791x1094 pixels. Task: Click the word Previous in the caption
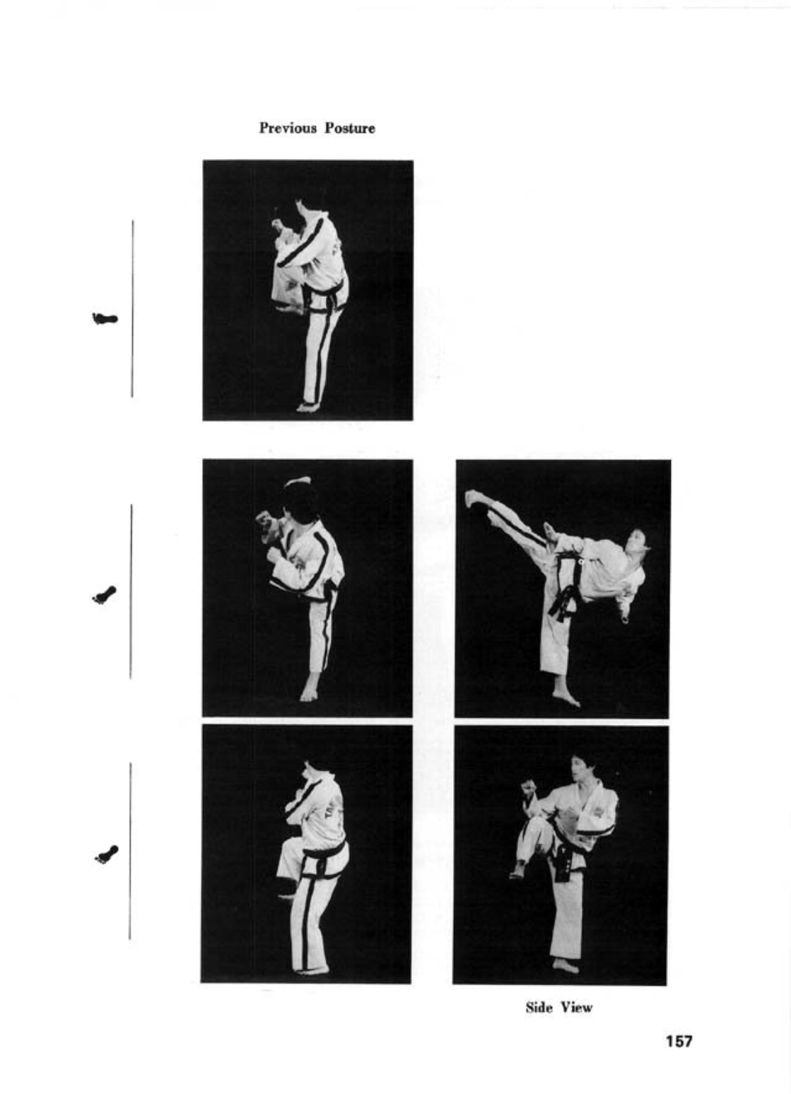[288, 128]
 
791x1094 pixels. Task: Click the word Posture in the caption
[351, 128]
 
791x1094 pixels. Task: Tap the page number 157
[679, 1041]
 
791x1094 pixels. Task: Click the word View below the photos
[576, 1008]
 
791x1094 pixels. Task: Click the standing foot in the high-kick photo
[566, 695]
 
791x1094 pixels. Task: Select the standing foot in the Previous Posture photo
[307, 406]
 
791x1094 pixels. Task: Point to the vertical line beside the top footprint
[132, 309]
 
